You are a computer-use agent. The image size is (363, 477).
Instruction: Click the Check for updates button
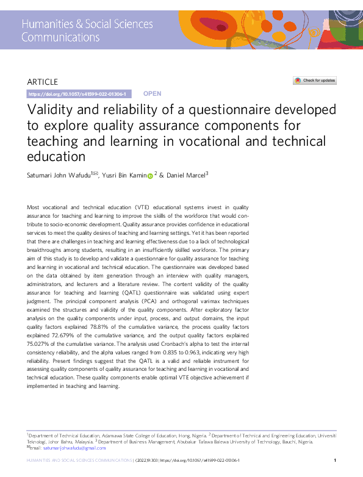pyautogui.click(x=315, y=81)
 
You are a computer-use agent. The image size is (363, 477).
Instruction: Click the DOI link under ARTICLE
pyautogui.click(x=77, y=94)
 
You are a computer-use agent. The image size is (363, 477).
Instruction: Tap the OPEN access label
pyautogui.click(x=152, y=94)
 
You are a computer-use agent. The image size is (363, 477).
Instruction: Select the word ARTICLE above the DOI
pyautogui.click(x=43, y=82)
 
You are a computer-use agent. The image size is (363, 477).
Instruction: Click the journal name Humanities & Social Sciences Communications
pyautogui.click(x=87, y=30)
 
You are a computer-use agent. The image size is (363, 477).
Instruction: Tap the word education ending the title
pyautogui.click(x=57, y=156)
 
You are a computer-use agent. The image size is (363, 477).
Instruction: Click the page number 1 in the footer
pyautogui.click(x=336, y=460)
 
